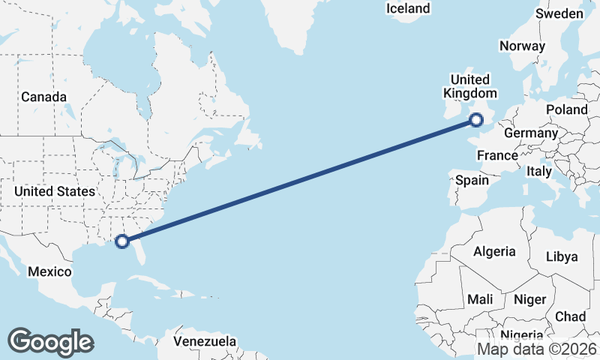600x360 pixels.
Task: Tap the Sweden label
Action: [x=559, y=14]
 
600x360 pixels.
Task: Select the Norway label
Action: [x=522, y=46]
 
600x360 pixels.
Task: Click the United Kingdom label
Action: [x=470, y=86]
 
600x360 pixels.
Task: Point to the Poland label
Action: [x=567, y=109]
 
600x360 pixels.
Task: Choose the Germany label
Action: [x=531, y=133]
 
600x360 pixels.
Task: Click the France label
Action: [x=497, y=155]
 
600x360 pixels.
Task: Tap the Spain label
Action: [x=472, y=180]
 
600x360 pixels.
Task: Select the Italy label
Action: [x=538, y=171]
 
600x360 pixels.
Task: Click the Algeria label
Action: [x=494, y=251]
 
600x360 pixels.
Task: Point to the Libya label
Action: [x=562, y=256]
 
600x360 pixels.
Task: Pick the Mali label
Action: [x=480, y=298]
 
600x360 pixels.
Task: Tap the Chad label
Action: [x=571, y=316]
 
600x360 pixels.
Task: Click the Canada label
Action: [x=43, y=97]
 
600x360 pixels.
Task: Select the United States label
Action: [x=55, y=191]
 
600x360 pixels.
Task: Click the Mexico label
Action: [x=49, y=271]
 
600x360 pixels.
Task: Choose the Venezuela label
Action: [x=205, y=341]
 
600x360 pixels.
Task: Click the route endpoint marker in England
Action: [x=476, y=120]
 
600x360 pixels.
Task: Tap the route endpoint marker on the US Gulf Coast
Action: [x=123, y=241]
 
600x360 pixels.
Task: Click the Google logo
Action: [x=50, y=341]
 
